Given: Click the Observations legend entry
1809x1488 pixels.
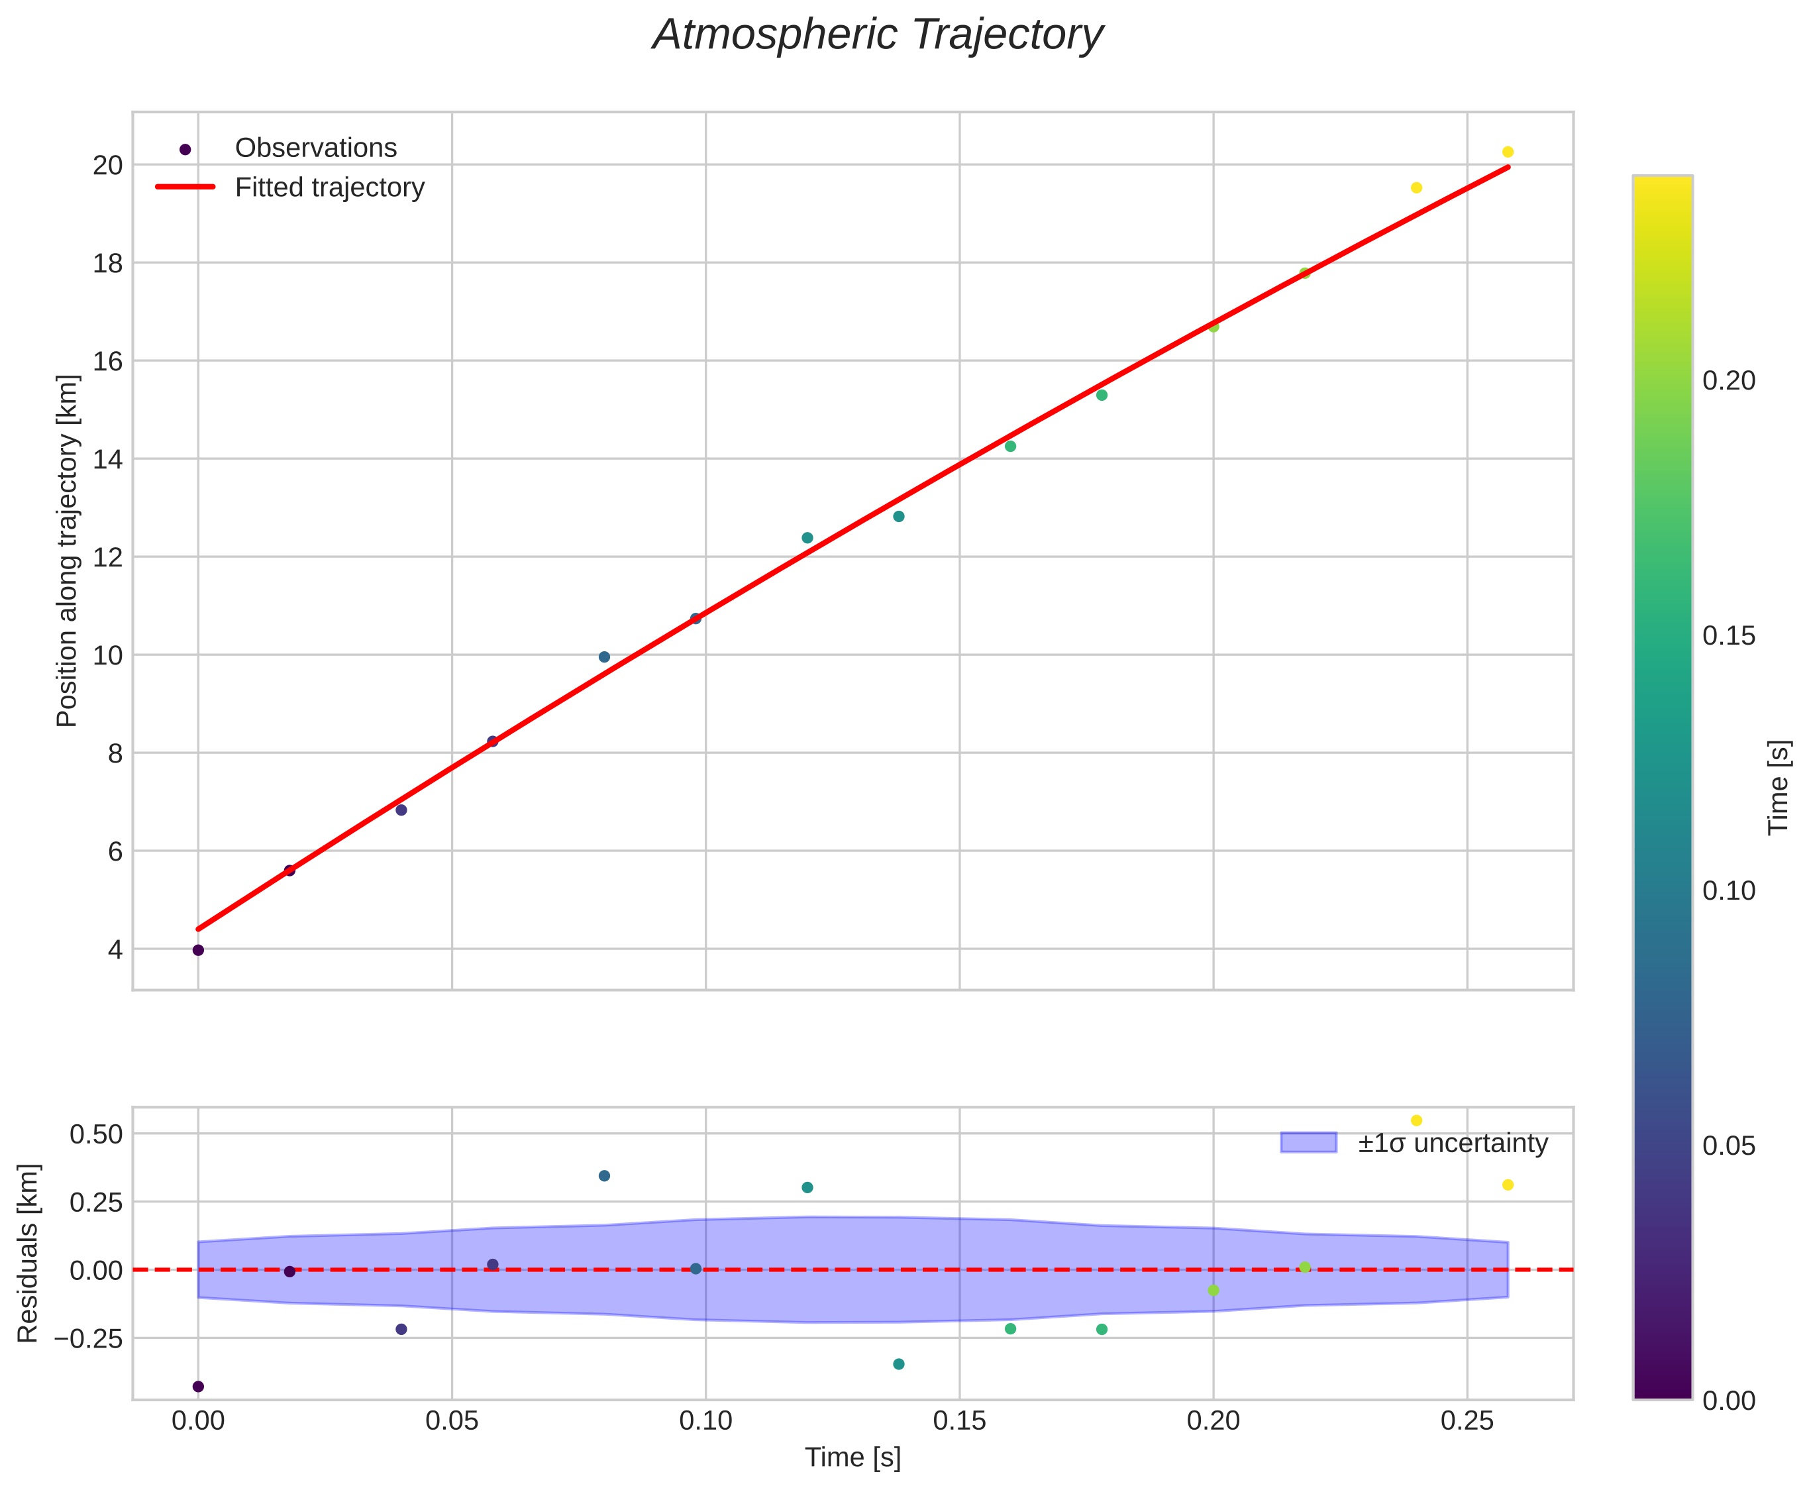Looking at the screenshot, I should pyautogui.click(x=315, y=148).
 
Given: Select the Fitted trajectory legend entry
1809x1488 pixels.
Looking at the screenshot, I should pyautogui.click(x=329, y=187).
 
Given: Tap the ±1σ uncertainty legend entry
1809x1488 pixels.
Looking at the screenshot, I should pyautogui.click(x=1452, y=1143).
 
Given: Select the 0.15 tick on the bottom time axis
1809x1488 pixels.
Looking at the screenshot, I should pyautogui.click(x=959, y=1421).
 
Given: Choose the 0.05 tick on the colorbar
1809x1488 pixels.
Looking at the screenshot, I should pyautogui.click(x=1728, y=1146).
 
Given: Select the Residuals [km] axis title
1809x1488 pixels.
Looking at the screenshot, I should pyautogui.click(x=28, y=1253).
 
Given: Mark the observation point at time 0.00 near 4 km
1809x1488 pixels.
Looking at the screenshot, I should pyautogui.click(x=198, y=950).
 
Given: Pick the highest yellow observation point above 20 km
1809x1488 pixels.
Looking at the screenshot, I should pyautogui.click(x=1508, y=152).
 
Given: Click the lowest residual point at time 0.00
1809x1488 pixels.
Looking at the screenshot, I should pyautogui.click(x=198, y=1387).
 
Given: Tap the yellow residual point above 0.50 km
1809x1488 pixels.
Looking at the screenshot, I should pyautogui.click(x=1416, y=1120).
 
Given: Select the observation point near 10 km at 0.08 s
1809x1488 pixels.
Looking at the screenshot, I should pyautogui.click(x=604, y=657).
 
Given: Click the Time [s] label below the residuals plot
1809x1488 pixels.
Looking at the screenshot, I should pyautogui.click(x=853, y=1458).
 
